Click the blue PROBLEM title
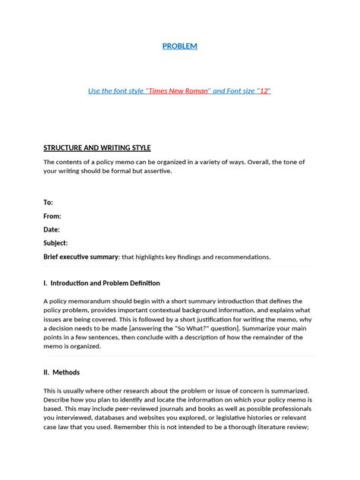click(x=180, y=46)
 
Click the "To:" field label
click(x=49, y=202)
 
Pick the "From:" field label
click(x=52, y=216)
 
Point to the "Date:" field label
click(x=52, y=229)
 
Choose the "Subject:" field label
click(x=55, y=243)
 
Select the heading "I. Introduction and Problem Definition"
click(x=102, y=283)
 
